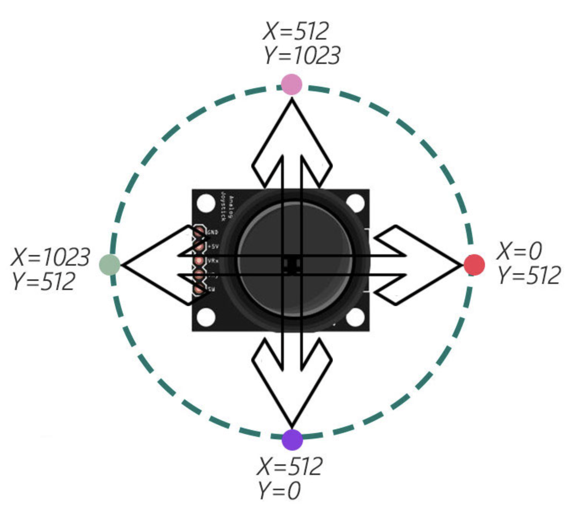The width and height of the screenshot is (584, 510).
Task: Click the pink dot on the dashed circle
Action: point(292,84)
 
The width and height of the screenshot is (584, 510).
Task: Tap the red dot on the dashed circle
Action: point(474,265)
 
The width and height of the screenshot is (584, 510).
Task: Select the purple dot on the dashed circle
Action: point(292,440)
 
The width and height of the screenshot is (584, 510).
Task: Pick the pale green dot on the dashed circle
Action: point(110,265)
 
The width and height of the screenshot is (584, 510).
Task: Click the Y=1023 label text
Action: point(302,56)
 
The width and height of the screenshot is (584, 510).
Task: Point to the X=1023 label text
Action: point(51,257)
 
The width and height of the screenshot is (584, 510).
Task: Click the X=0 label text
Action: point(519,251)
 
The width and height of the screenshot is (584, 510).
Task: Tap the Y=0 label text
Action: point(279,490)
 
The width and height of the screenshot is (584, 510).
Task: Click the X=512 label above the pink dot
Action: point(296,31)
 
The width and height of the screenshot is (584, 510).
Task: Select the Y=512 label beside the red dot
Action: point(529,276)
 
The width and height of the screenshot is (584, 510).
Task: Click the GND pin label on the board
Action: point(212,232)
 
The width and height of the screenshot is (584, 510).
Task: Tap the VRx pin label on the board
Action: point(212,261)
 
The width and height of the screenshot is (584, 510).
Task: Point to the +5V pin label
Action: point(213,247)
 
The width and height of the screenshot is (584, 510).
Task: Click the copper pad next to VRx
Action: point(199,261)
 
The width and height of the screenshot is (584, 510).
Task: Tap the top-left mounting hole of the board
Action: point(206,203)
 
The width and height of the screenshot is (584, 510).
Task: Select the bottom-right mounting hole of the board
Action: point(355,317)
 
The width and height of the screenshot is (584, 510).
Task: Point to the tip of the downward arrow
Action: point(292,426)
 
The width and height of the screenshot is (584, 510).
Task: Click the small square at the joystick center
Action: point(292,265)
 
